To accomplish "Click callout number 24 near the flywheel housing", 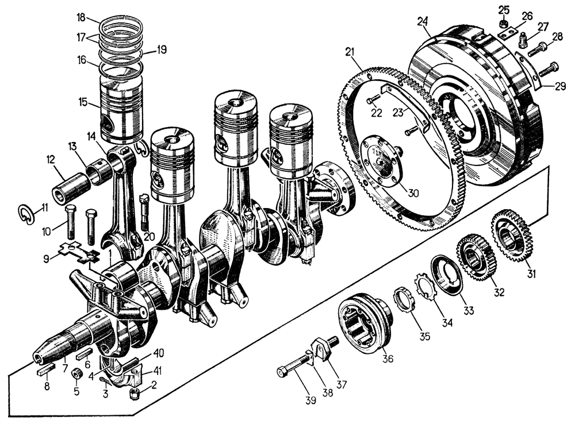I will [x=423, y=22].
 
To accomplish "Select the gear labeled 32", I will [x=475, y=257].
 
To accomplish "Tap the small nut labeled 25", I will [x=503, y=24].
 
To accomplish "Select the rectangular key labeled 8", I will [x=45, y=371].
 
